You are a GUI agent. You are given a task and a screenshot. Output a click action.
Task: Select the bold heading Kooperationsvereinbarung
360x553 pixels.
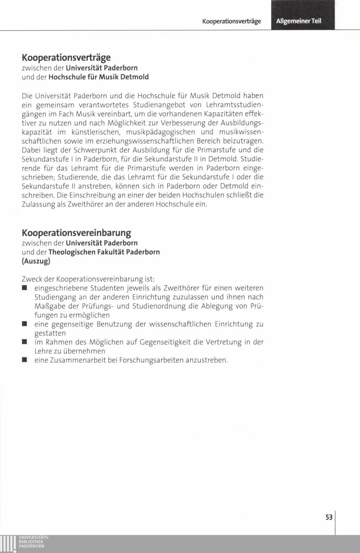coord(76,233)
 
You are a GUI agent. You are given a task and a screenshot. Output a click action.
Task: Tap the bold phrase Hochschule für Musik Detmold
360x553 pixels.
coord(98,77)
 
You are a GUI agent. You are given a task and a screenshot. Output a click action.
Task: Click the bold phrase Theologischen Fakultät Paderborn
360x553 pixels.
coord(104,252)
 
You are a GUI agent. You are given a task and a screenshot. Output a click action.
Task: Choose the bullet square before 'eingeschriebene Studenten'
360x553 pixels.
coord(24,288)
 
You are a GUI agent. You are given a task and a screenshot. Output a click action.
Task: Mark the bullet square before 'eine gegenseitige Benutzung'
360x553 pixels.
coord(24,324)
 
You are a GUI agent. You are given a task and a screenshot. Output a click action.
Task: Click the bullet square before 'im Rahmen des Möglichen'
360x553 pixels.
coord(24,342)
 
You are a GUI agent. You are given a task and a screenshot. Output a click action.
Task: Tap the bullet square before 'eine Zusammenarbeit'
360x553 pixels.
coord(24,360)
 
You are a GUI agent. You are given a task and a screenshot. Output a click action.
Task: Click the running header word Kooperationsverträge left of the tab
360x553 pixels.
coord(231,21)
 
